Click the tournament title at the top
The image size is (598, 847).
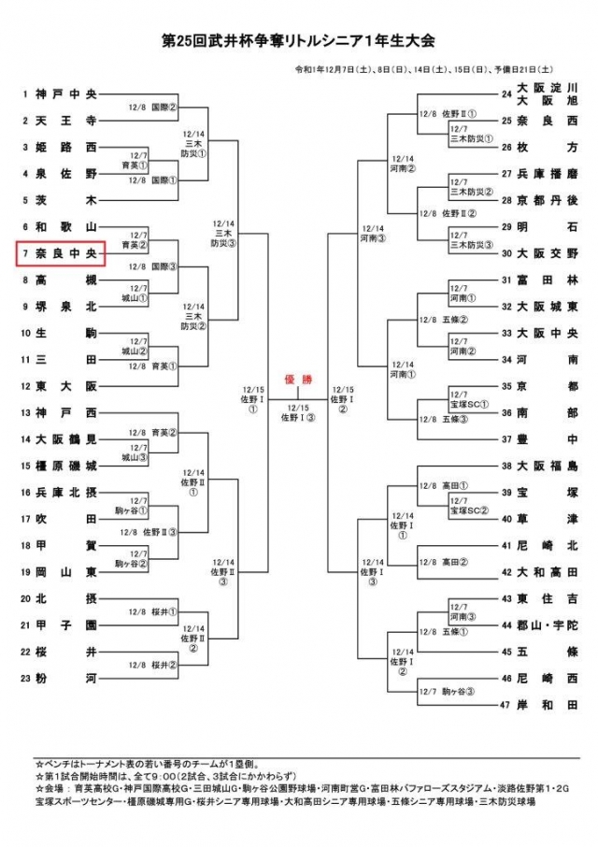(299, 41)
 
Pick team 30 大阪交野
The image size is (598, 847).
(546, 253)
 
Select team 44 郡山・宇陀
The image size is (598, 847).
(546, 624)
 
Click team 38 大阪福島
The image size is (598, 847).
(546, 465)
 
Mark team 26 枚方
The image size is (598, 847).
(546, 147)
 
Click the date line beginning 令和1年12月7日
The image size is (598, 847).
(424, 68)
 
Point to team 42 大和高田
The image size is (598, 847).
(546, 571)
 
